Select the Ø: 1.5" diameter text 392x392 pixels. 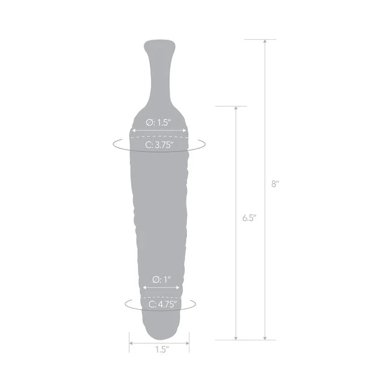click(159, 122)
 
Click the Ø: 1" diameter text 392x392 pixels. click(162, 279)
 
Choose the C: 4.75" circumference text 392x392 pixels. click(161, 305)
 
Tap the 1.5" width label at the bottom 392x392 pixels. click(161, 349)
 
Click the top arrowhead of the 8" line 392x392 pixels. click(265, 41)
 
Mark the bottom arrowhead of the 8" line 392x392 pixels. click(265, 338)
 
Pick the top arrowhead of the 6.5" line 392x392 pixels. click(236, 109)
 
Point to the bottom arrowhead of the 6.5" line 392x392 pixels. click(236, 338)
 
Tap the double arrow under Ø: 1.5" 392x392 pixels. click(159, 130)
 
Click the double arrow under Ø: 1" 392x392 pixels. click(161, 287)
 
